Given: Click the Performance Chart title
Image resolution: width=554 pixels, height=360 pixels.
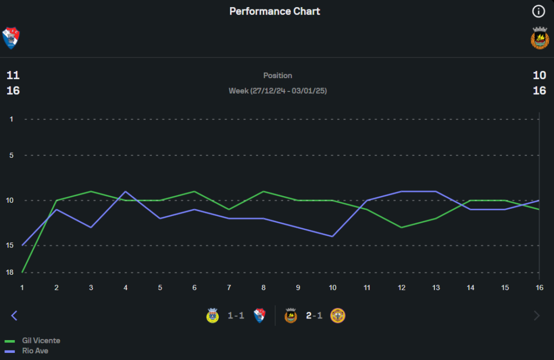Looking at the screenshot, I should pyautogui.click(x=275, y=11).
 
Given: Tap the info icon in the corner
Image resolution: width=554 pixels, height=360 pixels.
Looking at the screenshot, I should pyautogui.click(x=538, y=11).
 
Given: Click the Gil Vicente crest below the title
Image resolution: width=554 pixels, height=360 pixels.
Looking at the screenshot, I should pyautogui.click(x=11, y=38).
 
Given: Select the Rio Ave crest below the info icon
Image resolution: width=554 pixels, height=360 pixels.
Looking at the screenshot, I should pyautogui.click(x=540, y=38).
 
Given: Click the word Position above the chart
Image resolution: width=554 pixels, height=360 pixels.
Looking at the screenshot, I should pyautogui.click(x=278, y=75).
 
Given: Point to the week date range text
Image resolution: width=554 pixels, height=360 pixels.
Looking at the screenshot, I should pyautogui.click(x=278, y=90).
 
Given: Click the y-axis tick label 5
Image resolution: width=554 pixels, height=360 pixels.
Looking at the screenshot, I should pyautogui.click(x=11, y=156).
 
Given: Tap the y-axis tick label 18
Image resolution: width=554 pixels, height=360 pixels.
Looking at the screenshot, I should pyautogui.click(x=9, y=272).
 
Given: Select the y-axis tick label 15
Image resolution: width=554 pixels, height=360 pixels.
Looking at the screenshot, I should pyautogui.click(x=9, y=245).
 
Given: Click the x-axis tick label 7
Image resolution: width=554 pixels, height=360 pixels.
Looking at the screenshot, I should pyautogui.click(x=229, y=287).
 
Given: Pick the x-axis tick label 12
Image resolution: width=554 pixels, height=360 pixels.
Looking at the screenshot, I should pyautogui.click(x=402, y=287).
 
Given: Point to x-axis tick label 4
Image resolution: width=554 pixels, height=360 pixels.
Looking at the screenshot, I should pyautogui.click(x=126, y=287).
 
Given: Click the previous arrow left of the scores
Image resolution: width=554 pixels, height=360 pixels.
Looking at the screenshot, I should pyautogui.click(x=14, y=316).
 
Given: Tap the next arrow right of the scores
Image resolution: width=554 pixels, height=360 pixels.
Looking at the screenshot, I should pyautogui.click(x=536, y=316).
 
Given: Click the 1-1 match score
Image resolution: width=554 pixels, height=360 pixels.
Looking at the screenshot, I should pyautogui.click(x=236, y=316).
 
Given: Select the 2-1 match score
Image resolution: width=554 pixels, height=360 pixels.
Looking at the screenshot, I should pyautogui.click(x=314, y=316).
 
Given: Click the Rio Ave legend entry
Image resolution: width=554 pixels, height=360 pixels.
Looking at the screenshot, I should pyautogui.click(x=35, y=351).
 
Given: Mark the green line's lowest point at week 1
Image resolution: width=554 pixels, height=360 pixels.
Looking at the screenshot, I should pyautogui.click(x=22, y=272).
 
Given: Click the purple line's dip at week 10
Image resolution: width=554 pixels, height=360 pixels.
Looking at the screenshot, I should pyautogui.click(x=332, y=236).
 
